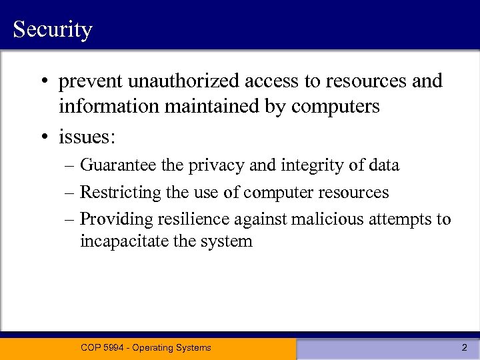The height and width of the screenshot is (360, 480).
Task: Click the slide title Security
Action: tap(52, 30)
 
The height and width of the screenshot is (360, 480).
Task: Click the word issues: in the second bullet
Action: tap(87, 137)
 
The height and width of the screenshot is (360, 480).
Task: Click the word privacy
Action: tap(215, 165)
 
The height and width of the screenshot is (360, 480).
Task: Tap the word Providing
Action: tap(113, 219)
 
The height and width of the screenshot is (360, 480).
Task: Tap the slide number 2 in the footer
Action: tap(464, 347)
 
